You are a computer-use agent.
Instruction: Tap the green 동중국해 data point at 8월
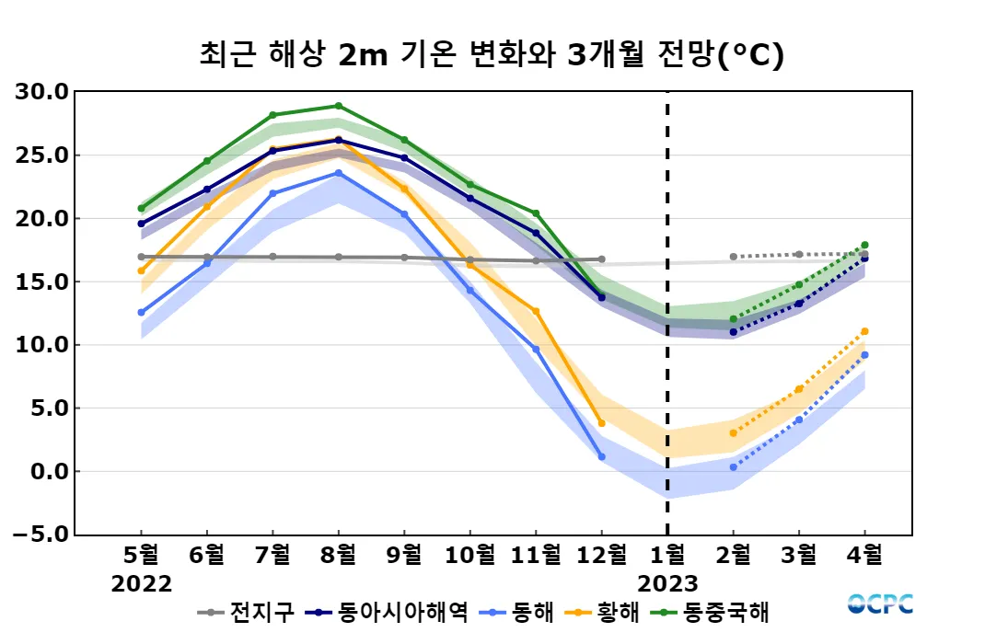pyautogui.click(x=339, y=106)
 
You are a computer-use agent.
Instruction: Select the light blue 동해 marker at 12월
pyautogui.click(x=601, y=456)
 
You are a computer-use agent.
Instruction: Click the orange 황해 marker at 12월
pyautogui.click(x=601, y=423)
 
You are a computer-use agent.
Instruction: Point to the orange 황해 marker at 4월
pyautogui.click(x=864, y=331)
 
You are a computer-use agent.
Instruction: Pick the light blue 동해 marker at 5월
pyautogui.click(x=141, y=313)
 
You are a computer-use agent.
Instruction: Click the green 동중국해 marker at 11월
pyautogui.click(x=536, y=213)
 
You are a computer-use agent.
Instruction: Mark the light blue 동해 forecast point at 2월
pyautogui.click(x=733, y=467)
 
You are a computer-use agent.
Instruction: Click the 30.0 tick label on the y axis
pyautogui.click(x=43, y=92)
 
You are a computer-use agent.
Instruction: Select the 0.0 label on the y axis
pyautogui.click(x=48, y=471)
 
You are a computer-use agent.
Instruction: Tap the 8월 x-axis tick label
pyautogui.click(x=339, y=556)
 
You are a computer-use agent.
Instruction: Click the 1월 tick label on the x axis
pyautogui.click(x=667, y=556)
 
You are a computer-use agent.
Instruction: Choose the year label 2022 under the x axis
pyautogui.click(x=141, y=584)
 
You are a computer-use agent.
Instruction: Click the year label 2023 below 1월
pyautogui.click(x=667, y=584)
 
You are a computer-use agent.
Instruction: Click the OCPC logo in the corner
pyautogui.click(x=880, y=604)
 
